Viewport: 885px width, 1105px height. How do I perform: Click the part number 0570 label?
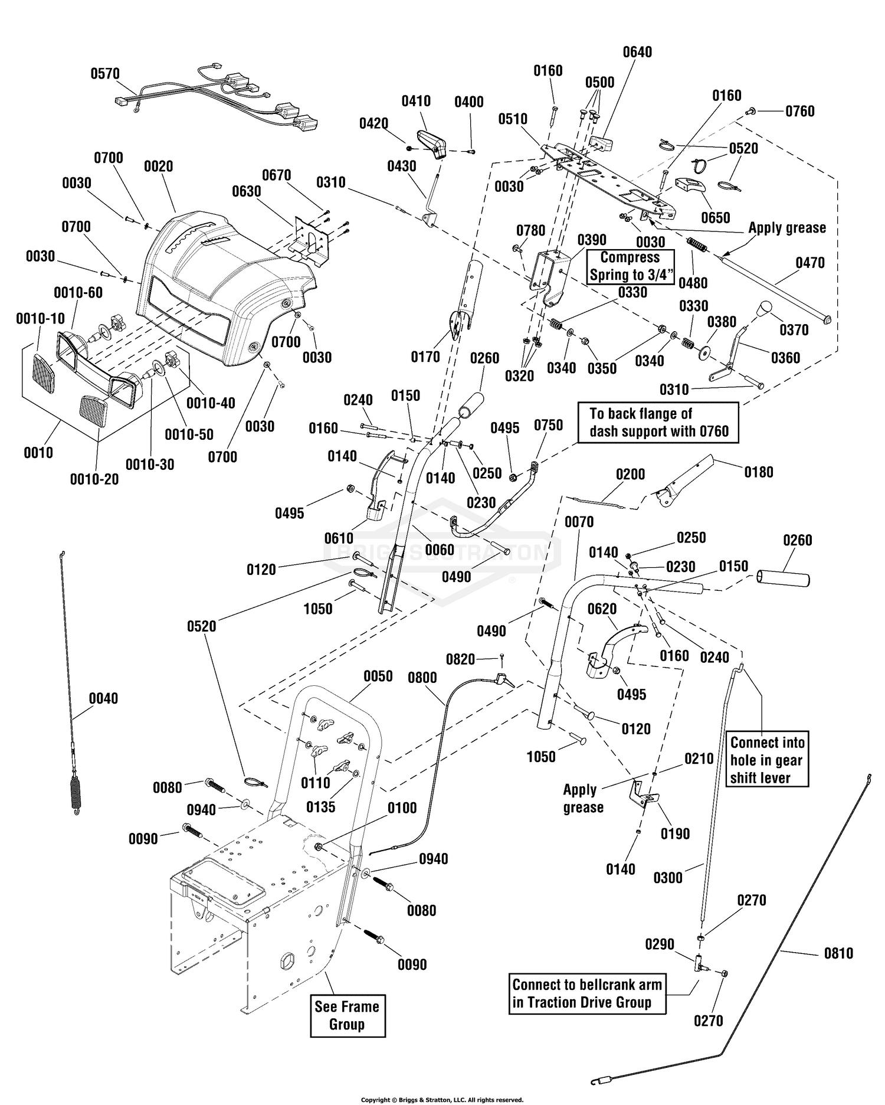105,74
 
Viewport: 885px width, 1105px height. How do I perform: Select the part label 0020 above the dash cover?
159,166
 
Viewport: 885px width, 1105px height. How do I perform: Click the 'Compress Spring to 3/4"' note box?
630,266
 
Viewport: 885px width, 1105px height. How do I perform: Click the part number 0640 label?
638,53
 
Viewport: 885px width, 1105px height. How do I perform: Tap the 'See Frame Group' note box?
348,1015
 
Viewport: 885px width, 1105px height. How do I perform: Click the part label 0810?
838,953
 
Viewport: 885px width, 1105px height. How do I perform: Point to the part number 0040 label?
104,699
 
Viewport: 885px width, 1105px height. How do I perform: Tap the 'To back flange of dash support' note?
658,423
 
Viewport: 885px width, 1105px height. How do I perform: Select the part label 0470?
810,263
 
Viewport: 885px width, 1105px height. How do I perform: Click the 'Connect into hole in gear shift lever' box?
767,760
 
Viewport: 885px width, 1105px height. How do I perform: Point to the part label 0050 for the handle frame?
378,676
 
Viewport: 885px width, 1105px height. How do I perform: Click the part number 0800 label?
422,678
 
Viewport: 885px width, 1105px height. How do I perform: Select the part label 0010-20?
94,479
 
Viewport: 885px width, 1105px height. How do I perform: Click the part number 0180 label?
759,472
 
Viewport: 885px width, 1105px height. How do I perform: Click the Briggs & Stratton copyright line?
442,1100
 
